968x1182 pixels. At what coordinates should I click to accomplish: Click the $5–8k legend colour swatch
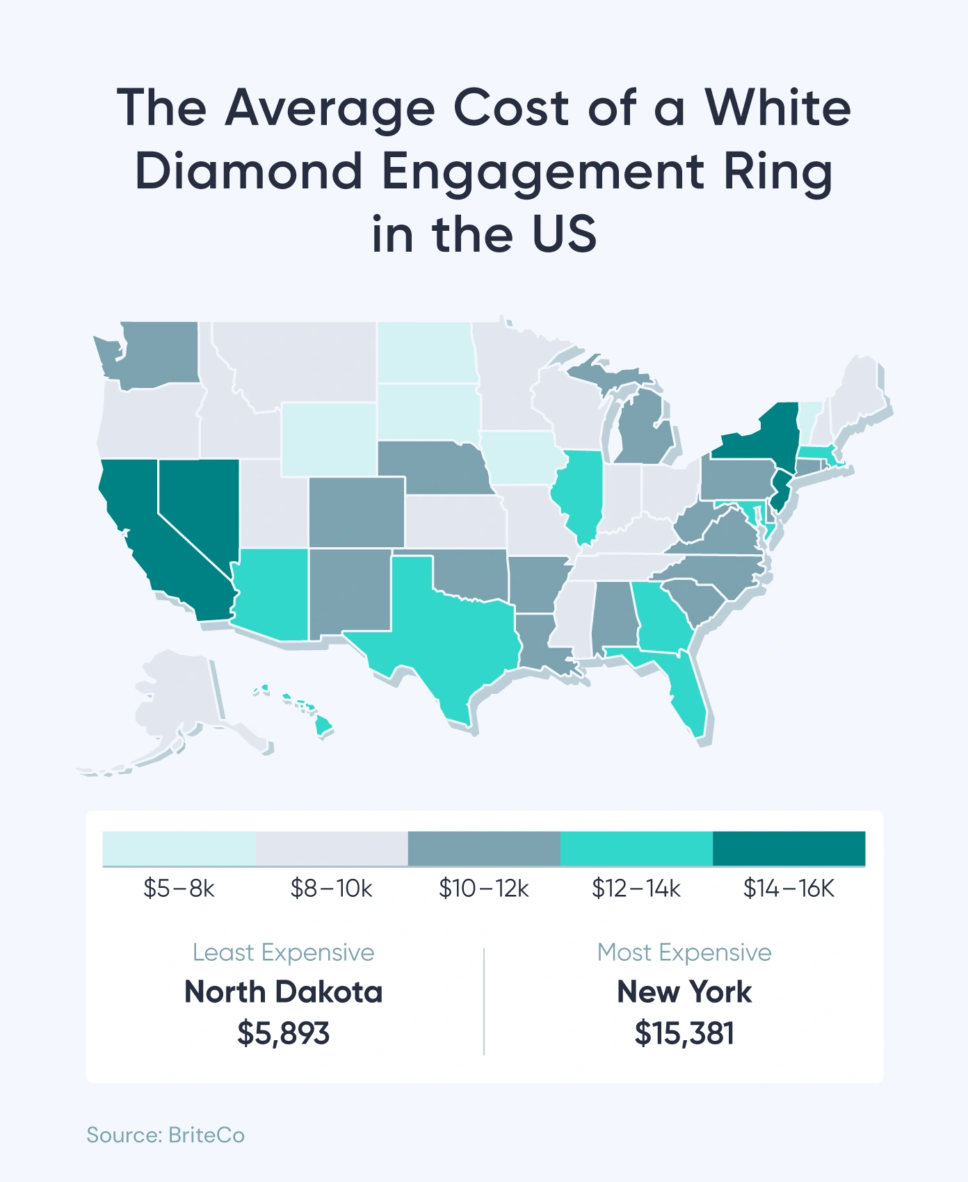pos(179,848)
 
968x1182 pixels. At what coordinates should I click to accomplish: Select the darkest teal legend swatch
pos(789,848)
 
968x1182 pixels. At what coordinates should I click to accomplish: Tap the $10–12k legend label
pos(483,889)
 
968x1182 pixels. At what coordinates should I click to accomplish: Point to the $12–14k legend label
pos(636,889)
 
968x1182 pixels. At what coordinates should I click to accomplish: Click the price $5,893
pos(283,1033)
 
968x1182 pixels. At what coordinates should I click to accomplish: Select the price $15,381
pos(684,1033)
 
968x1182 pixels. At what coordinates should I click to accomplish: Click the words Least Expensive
pos(283,953)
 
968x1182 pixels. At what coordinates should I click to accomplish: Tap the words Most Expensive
pos(684,953)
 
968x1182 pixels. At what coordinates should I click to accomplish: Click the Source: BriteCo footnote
pos(166,1135)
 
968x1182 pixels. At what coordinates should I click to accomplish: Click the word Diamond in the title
pos(248,172)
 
